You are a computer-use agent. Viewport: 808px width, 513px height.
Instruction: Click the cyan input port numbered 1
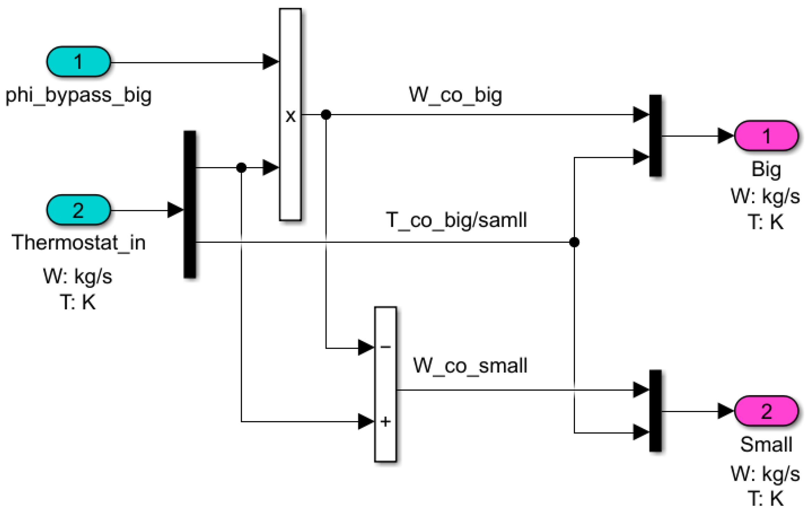click(78, 62)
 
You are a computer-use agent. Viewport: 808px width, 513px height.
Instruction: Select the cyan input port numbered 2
click(78, 210)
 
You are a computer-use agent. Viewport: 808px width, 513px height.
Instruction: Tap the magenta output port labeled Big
click(766, 136)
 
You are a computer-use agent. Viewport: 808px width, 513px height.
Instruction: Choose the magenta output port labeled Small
click(766, 411)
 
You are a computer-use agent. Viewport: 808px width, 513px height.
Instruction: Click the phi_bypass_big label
click(78, 95)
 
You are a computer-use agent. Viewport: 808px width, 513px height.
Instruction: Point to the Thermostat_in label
click(78, 242)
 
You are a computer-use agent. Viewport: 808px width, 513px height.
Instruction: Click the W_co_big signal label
click(455, 95)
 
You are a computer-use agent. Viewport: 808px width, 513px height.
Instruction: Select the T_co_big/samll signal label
click(456, 220)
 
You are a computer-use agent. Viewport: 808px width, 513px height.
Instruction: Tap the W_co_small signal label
click(470, 365)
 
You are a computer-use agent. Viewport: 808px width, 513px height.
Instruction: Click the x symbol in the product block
click(290, 116)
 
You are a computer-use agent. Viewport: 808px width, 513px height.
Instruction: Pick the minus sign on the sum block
click(386, 347)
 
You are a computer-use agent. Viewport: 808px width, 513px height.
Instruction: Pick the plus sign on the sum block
click(386, 421)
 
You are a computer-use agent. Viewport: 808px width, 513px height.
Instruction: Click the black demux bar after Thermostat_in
click(190, 204)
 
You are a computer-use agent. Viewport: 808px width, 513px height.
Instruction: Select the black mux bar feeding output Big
click(655, 136)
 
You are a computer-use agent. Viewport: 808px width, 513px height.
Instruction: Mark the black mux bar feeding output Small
click(655, 411)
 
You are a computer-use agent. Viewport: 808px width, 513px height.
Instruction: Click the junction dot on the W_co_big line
click(326, 114)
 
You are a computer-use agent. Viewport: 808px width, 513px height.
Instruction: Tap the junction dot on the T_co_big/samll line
click(574, 242)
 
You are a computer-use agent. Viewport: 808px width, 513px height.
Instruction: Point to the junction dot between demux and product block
click(241, 168)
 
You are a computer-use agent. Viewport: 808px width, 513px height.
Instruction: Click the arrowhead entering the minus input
click(366, 348)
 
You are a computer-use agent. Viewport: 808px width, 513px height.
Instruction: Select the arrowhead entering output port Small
click(725, 411)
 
